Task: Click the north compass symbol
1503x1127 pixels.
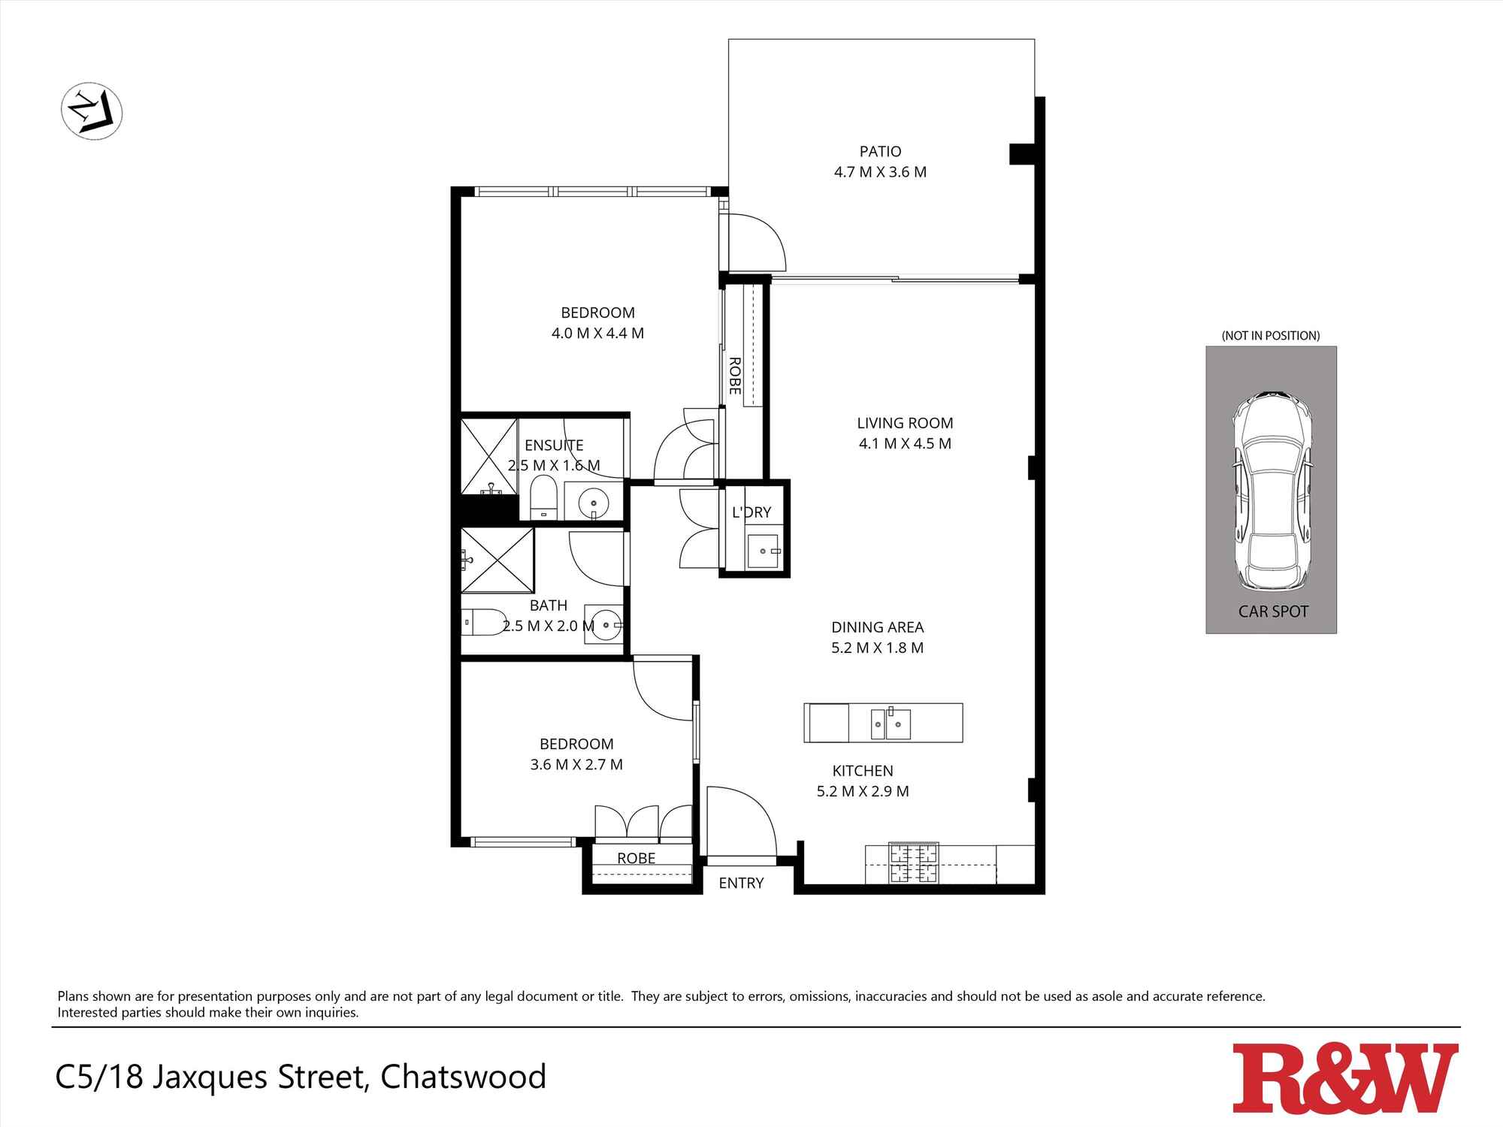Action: point(91,112)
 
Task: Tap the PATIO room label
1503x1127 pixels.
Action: point(880,152)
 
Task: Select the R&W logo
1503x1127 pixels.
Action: point(1345,1077)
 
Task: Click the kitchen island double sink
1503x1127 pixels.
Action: point(891,724)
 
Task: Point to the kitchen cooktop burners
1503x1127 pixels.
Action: point(914,863)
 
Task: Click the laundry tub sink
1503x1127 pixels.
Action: point(764,551)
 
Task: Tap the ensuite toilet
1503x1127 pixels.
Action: point(541,497)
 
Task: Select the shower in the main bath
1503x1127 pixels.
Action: point(497,560)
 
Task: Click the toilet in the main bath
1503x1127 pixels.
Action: point(484,622)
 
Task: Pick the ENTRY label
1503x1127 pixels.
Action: point(741,884)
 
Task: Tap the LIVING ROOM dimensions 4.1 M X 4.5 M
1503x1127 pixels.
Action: point(905,444)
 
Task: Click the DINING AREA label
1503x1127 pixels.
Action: point(877,627)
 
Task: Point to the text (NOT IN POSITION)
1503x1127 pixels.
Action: point(1270,336)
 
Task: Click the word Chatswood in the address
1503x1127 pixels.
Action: point(463,1077)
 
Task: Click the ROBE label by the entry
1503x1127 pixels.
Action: point(636,858)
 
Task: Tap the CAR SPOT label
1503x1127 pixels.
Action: point(1273,612)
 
